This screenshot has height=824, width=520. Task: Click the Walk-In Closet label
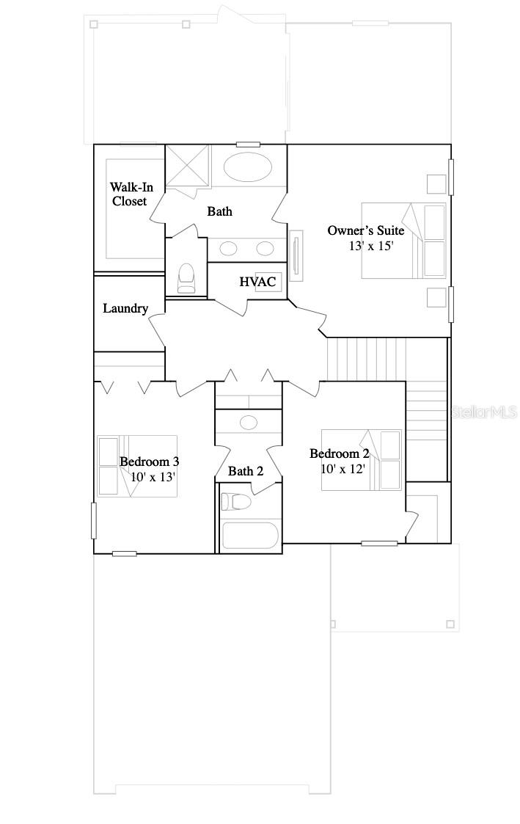pos(131,194)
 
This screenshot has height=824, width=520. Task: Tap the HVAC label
pos(257,282)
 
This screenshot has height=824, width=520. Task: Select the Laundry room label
pos(125,309)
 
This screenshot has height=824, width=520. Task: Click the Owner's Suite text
pos(365,231)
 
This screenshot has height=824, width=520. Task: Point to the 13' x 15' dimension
pos(371,247)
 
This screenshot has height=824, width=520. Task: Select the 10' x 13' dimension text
pos(153,476)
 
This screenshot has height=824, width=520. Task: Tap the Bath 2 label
pos(245,471)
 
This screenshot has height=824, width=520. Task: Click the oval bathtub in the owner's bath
pos(246,167)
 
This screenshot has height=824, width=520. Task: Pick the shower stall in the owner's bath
pos(187,167)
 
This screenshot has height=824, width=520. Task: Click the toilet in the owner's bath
pos(186,277)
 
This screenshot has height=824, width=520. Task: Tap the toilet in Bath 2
pos(237,502)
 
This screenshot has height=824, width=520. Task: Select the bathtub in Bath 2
pos(250,535)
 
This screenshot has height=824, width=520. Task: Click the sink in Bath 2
pos(249,422)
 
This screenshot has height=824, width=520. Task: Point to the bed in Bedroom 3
pos(137,466)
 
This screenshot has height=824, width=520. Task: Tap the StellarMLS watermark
pos(484,412)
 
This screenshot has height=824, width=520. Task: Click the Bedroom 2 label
pos(338,453)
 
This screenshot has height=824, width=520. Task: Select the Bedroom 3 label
pos(149,462)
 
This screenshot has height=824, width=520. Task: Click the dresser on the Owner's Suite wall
pos(296,255)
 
